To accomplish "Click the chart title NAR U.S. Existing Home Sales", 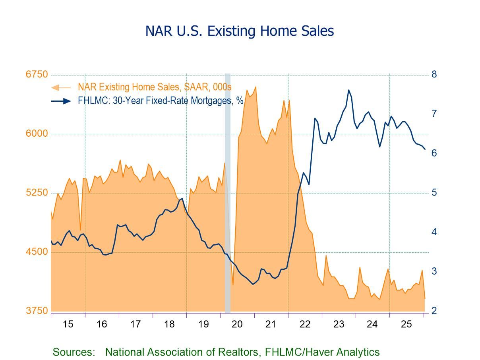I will [240, 31].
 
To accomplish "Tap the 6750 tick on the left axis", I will [37, 75].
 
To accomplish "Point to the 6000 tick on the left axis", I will [37, 134].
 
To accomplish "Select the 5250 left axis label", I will [37, 193].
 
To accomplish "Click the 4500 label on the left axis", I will [37, 252].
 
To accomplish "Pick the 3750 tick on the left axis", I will [37, 311].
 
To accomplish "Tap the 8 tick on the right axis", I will [434, 74].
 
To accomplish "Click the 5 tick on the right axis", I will [434, 193].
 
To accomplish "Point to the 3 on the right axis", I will [434, 271].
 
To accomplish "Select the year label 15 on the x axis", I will [68, 324].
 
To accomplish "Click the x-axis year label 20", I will [237, 324].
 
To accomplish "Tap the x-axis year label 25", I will [406, 324].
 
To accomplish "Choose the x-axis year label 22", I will [305, 324].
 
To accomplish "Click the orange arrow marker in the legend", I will [60, 87].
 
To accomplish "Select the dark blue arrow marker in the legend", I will [62, 101].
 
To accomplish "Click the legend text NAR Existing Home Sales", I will [155, 87].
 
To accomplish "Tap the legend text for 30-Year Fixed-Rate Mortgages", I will [161, 101].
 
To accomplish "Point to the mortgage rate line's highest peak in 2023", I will [349, 90].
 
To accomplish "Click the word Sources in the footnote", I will [74, 352].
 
